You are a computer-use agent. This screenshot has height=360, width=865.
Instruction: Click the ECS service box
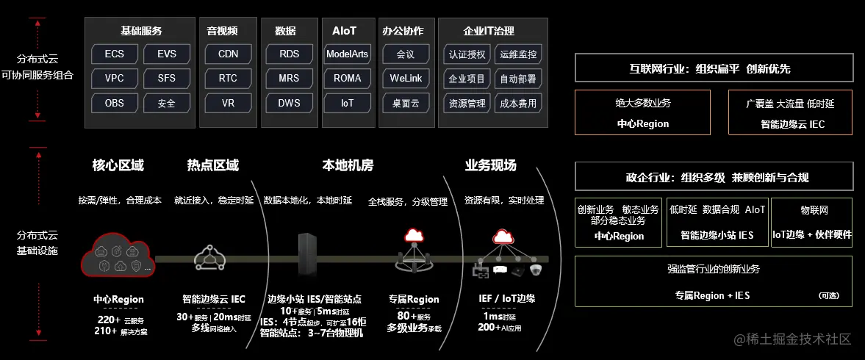coord(114,54)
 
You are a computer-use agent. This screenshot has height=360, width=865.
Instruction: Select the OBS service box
coord(114,103)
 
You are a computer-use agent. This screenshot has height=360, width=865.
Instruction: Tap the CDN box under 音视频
coord(228,54)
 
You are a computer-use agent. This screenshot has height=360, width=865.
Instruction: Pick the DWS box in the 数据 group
coord(289,103)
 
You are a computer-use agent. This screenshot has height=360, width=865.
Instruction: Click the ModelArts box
coord(347,54)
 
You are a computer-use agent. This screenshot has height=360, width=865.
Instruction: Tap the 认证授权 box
coord(467,54)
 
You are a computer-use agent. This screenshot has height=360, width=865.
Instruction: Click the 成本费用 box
coord(518,103)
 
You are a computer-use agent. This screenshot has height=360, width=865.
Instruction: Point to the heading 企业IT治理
coord(489,31)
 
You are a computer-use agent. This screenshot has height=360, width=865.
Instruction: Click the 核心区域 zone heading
coord(118,165)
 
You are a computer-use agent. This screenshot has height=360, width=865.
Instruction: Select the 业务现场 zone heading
coord(490,165)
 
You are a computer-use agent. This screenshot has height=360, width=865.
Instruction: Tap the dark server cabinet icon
coord(306,256)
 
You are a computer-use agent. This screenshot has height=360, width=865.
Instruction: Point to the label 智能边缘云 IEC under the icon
coord(213,299)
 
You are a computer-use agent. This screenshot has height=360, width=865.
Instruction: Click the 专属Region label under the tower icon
coord(414,299)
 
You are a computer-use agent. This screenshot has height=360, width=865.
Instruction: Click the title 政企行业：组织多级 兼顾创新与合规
coord(713,178)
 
